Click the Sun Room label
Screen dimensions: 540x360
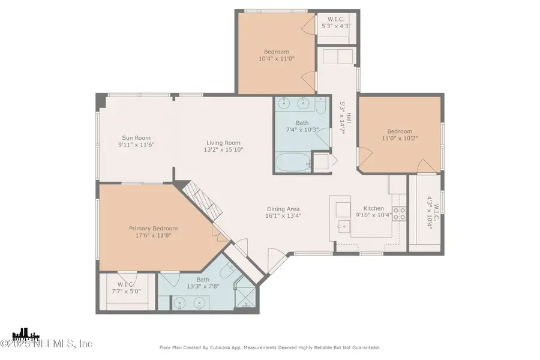tap(136, 138)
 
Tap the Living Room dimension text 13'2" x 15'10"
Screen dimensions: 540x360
tap(224, 150)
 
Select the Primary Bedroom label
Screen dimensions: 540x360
tap(153, 229)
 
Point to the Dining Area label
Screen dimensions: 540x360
tap(283, 209)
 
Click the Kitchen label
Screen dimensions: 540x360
tap(374, 208)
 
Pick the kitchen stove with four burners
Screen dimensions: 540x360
tap(399, 213)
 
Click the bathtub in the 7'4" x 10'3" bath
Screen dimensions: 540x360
tap(293, 162)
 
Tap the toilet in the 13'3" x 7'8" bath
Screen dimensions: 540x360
tap(227, 270)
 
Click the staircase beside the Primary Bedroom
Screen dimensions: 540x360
tap(201, 202)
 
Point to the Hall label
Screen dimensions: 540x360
tap(349, 118)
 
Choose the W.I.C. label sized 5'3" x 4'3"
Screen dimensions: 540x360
tap(336, 19)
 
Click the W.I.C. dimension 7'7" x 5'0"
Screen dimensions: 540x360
tap(126, 292)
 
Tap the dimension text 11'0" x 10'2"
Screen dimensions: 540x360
tap(400, 139)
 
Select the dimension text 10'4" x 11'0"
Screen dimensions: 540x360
tap(276, 59)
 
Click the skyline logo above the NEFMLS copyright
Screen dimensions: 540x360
tap(26, 334)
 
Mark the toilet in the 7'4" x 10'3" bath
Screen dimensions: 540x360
tap(320, 106)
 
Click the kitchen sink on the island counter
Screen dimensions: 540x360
tap(343, 226)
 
